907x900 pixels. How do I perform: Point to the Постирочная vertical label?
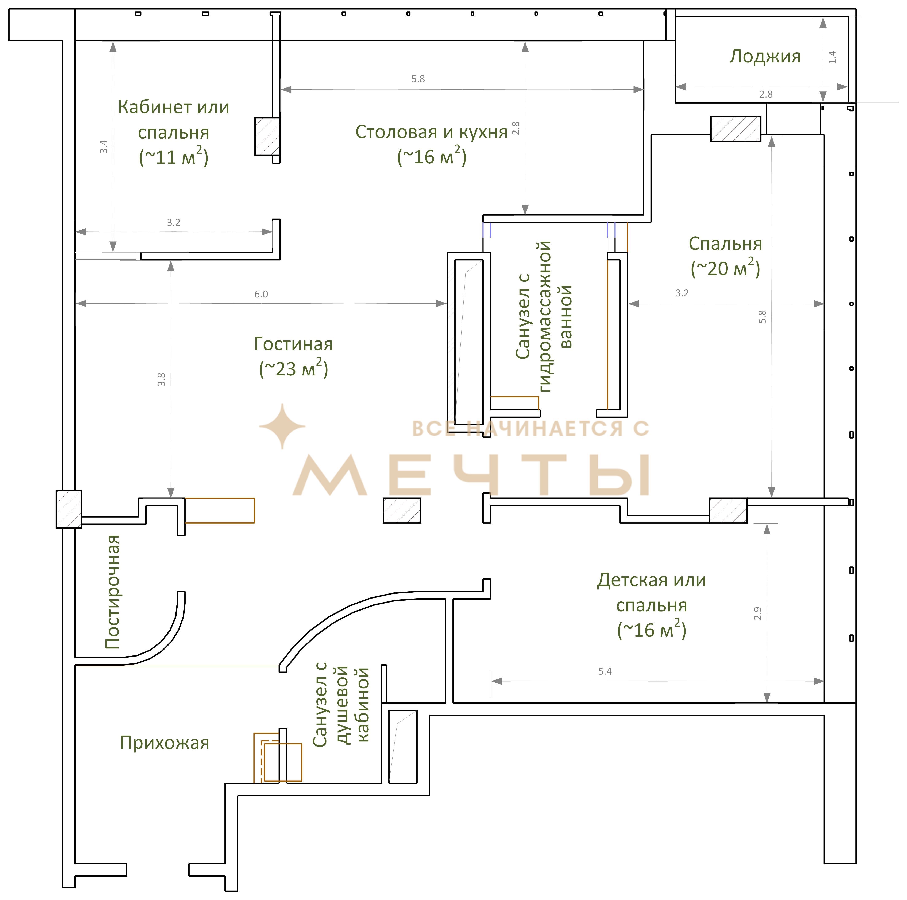(x=113, y=592)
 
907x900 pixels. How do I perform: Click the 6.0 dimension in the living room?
(x=261, y=294)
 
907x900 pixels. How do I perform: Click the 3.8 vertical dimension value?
(x=162, y=379)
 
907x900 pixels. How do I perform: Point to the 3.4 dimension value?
(x=104, y=146)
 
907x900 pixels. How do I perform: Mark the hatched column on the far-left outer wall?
(x=69, y=509)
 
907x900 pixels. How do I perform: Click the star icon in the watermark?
(x=282, y=426)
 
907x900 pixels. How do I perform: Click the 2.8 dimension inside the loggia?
(x=766, y=94)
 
